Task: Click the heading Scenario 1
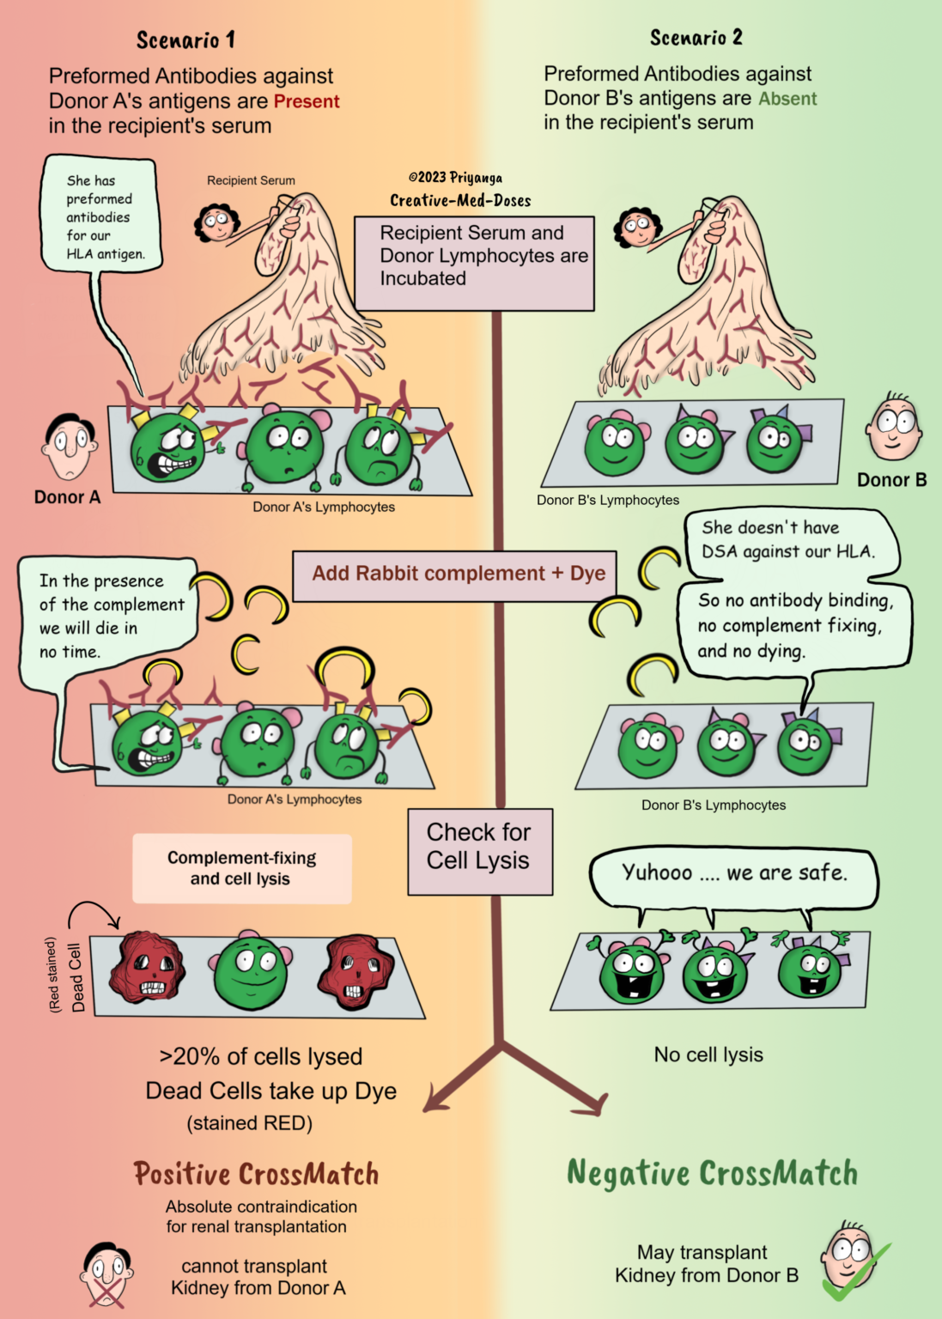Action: pyautogui.click(x=185, y=40)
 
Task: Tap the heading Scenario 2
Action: pyautogui.click(x=696, y=38)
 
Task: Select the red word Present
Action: pyautogui.click(x=307, y=101)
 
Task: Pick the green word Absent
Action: pyautogui.click(x=787, y=99)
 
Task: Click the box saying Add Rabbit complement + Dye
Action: pyautogui.click(x=454, y=576)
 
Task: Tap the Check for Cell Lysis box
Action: pyautogui.click(x=480, y=852)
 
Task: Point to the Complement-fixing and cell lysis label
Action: pyautogui.click(x=242, y=868)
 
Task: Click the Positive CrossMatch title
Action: pyautogui.click(x=256, y=1173)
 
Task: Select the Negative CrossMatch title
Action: pyautogui.click(x=713, y=1172)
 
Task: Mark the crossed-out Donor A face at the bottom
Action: pyautogui.click(x=106, y=1273)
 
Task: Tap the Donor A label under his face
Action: pyautogui.click(x=67, y=497)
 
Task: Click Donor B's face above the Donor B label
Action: pyautogui.click(x=893, y=426)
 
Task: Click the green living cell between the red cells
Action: pyautogui.click(x=251, y=968)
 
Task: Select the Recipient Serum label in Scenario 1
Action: pyautogui.click(x=251, y=180)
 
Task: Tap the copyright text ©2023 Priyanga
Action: pyautogui.click(x=456, y=177)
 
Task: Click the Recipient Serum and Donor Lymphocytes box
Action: pyautogui.click(x=474, y=264)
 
